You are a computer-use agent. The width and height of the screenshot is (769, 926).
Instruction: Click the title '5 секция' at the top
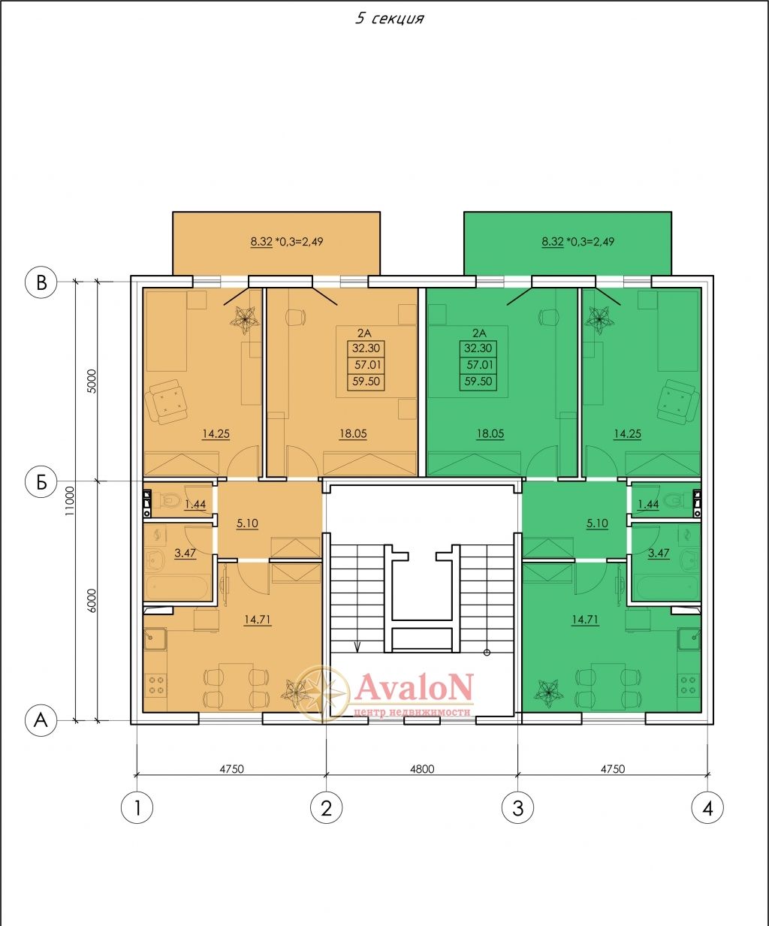click(389, 19)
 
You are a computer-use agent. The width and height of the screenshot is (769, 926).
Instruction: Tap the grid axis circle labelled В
click(41, 282)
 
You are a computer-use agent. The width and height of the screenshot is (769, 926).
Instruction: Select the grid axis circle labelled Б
click(41, 481)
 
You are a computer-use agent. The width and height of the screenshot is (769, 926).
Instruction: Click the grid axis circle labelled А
click(41, 721)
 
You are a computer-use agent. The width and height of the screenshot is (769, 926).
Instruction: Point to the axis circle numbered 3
click(517, 809)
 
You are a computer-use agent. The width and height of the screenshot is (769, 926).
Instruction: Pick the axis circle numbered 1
click(137, 809)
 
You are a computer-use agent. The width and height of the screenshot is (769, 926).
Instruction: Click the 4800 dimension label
click(422, 769)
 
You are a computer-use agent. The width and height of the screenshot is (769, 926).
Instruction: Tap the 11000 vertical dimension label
click(70, 501)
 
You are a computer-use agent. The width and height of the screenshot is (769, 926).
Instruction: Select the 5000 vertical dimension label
click(91, 381)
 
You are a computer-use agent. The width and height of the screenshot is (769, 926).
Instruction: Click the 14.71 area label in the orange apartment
click(258, 620)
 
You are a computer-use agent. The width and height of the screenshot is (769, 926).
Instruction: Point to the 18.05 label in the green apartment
click(490, 434)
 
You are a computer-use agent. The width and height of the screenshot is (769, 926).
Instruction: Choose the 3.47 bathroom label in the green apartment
click(659, 553)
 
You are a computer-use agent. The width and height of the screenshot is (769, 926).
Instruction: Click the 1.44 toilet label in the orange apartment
click(195, 504)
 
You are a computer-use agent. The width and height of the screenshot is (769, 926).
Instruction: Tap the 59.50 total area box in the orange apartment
click(366, 382)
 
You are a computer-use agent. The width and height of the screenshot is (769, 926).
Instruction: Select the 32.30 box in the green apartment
click(478, 348)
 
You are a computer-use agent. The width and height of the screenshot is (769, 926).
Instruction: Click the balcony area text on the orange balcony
click(286, 242)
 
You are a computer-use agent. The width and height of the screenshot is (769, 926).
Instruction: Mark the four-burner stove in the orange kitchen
click(155, 685)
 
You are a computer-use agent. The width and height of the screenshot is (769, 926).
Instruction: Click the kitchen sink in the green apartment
click(689, 639)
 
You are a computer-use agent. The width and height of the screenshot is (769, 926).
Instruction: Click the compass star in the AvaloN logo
click(323, 694)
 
